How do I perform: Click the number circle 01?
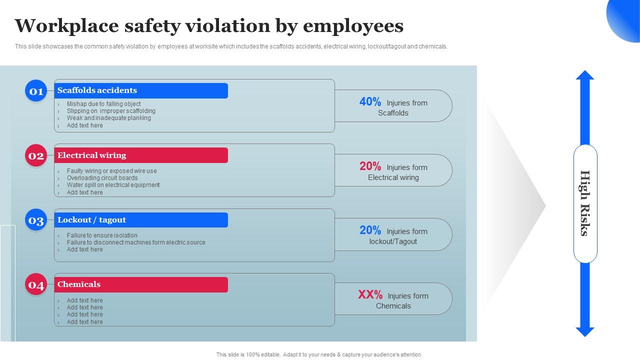point(36,91)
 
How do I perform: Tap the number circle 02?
point(36,155)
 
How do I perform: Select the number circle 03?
point(36,220)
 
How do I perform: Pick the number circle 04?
point(36,284)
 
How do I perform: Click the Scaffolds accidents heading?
point(97,90)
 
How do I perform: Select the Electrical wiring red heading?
point(91,155)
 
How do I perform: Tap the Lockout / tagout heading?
point(91,220)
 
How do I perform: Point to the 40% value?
point(370,102)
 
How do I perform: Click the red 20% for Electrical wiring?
point(370,166)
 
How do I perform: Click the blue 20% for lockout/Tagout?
point(370,230)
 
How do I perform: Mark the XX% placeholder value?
point(370,295)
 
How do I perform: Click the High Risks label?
point(585,203)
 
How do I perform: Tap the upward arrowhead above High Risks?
point(585,75)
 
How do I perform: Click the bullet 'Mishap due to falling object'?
point(103,104)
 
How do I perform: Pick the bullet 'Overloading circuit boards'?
point(102,178)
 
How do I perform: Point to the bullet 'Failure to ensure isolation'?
point(102,235)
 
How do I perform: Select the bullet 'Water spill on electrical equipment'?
point(113,185)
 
